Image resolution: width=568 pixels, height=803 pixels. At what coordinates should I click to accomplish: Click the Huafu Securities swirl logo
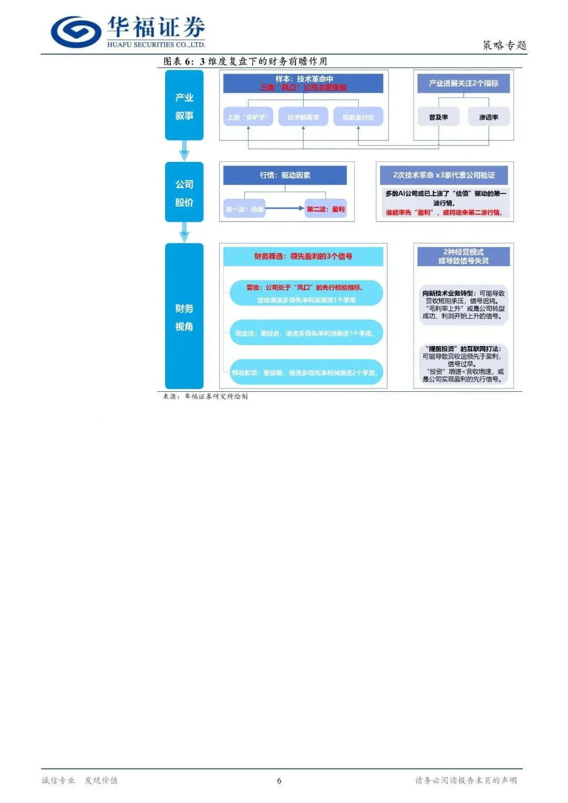(76, 32)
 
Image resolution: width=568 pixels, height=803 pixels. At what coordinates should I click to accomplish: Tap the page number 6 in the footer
(279, 780)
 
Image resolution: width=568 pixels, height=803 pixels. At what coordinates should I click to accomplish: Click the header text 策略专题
(504, 45)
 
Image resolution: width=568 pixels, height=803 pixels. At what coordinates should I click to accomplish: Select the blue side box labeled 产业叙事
(184, 106)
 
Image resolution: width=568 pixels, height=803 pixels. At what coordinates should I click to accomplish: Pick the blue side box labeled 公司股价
(184, 192)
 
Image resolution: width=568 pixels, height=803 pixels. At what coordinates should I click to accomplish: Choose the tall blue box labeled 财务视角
(184, 316)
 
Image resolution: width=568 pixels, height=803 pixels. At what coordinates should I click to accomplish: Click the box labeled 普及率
(439, 117)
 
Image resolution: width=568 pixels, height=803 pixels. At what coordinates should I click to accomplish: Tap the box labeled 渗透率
(489, 117)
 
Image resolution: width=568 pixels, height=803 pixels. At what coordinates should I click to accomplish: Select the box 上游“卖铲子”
(248, 117)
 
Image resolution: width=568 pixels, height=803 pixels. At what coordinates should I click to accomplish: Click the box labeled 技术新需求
(303, 117)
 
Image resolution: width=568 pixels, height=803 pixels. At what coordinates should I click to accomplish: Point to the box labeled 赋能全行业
(358, 117)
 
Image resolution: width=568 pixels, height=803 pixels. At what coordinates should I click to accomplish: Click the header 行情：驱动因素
(285, 175)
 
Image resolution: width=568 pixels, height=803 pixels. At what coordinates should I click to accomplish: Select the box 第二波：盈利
(326, 209)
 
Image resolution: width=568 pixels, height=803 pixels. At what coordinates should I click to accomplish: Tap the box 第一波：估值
(245, 209)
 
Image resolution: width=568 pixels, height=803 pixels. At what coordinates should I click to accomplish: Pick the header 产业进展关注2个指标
(463, 83)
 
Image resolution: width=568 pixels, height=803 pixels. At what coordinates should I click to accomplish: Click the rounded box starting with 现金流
(306, 333)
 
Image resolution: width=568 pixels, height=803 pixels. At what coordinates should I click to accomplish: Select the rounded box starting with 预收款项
(306, 372)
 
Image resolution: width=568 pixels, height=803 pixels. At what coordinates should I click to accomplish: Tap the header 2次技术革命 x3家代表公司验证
(444, 175)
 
